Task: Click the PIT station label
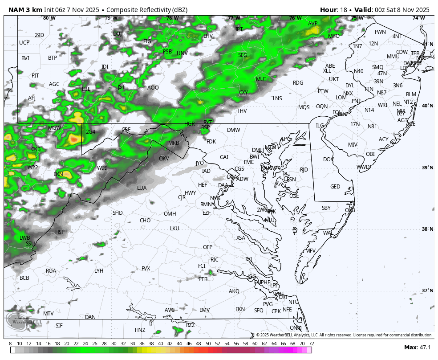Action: pos(35,76)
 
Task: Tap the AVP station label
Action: pos(313,24)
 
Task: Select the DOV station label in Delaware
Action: pos(328,160)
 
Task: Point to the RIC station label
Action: pos(215,260)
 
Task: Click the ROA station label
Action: pos(51,271)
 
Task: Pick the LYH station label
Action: pos(99,271)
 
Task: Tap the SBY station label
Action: pos(326,208)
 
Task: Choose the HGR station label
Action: pos(190,124)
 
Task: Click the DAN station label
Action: pos(90,317)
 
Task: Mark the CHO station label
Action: pos(145,221)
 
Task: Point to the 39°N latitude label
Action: pos(427,168)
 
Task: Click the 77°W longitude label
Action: pos(234,18)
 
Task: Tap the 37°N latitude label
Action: pos(427,290)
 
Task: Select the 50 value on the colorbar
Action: pos(208,344)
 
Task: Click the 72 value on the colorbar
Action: pos(311,344)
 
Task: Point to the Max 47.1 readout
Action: pos(417,348)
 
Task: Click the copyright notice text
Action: pos(344,335)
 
